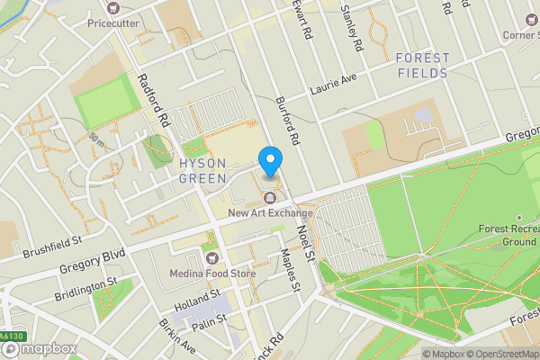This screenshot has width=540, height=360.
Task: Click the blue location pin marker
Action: (270, 162)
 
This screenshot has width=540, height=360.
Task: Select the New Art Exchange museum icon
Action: (269, 198)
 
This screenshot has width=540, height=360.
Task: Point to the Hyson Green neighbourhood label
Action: (208, 170)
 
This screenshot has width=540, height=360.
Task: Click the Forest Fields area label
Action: (422, 66)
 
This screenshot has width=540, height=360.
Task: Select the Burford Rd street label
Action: (288, 122)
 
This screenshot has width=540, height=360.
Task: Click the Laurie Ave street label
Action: (334, 84)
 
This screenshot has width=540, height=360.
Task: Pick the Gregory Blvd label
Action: (86, 248)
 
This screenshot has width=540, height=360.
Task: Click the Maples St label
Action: (288, 269)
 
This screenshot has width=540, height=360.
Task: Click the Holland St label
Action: (197, 301)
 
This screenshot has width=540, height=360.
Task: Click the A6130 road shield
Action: (9, 337)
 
